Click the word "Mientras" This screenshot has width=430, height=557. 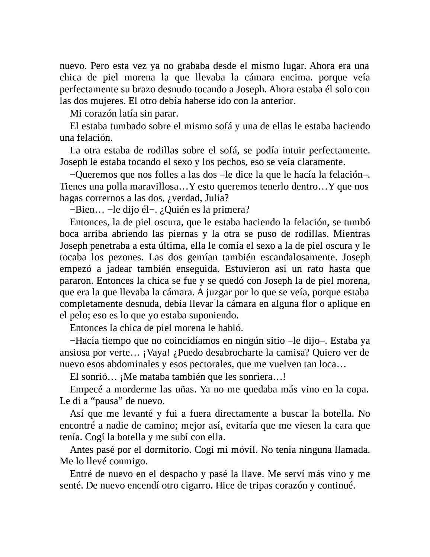(352, 234)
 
